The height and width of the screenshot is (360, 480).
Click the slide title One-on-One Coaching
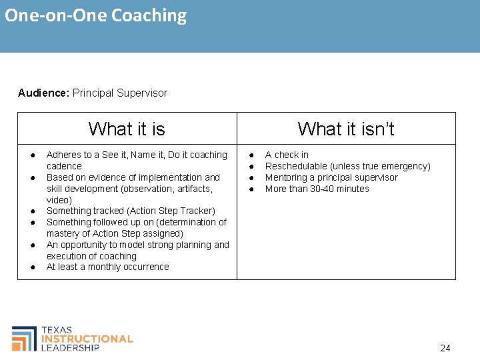point(96,15)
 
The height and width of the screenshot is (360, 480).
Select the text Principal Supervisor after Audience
point(120,93)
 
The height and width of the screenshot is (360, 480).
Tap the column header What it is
point(127,128)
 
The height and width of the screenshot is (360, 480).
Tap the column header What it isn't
point(346,128)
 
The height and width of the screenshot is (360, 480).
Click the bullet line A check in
point(287,155)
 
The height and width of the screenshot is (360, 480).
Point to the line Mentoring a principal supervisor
point(331,177)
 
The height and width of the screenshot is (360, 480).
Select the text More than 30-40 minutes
point(317,189)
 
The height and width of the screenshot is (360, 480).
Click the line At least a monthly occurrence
point(107,267)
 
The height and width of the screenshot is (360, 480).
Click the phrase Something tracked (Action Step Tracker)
point(131,211)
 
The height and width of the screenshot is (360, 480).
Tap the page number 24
point(445,348)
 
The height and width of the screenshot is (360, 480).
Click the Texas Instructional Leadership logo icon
point(24,339)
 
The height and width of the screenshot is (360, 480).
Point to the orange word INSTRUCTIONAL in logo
point(87,339)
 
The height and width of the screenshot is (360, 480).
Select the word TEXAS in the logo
point(57,330)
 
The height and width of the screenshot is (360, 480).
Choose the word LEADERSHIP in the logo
point(70,347)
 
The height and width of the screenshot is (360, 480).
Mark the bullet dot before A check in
point(251,155)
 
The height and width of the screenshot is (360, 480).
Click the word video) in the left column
point(59,200)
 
